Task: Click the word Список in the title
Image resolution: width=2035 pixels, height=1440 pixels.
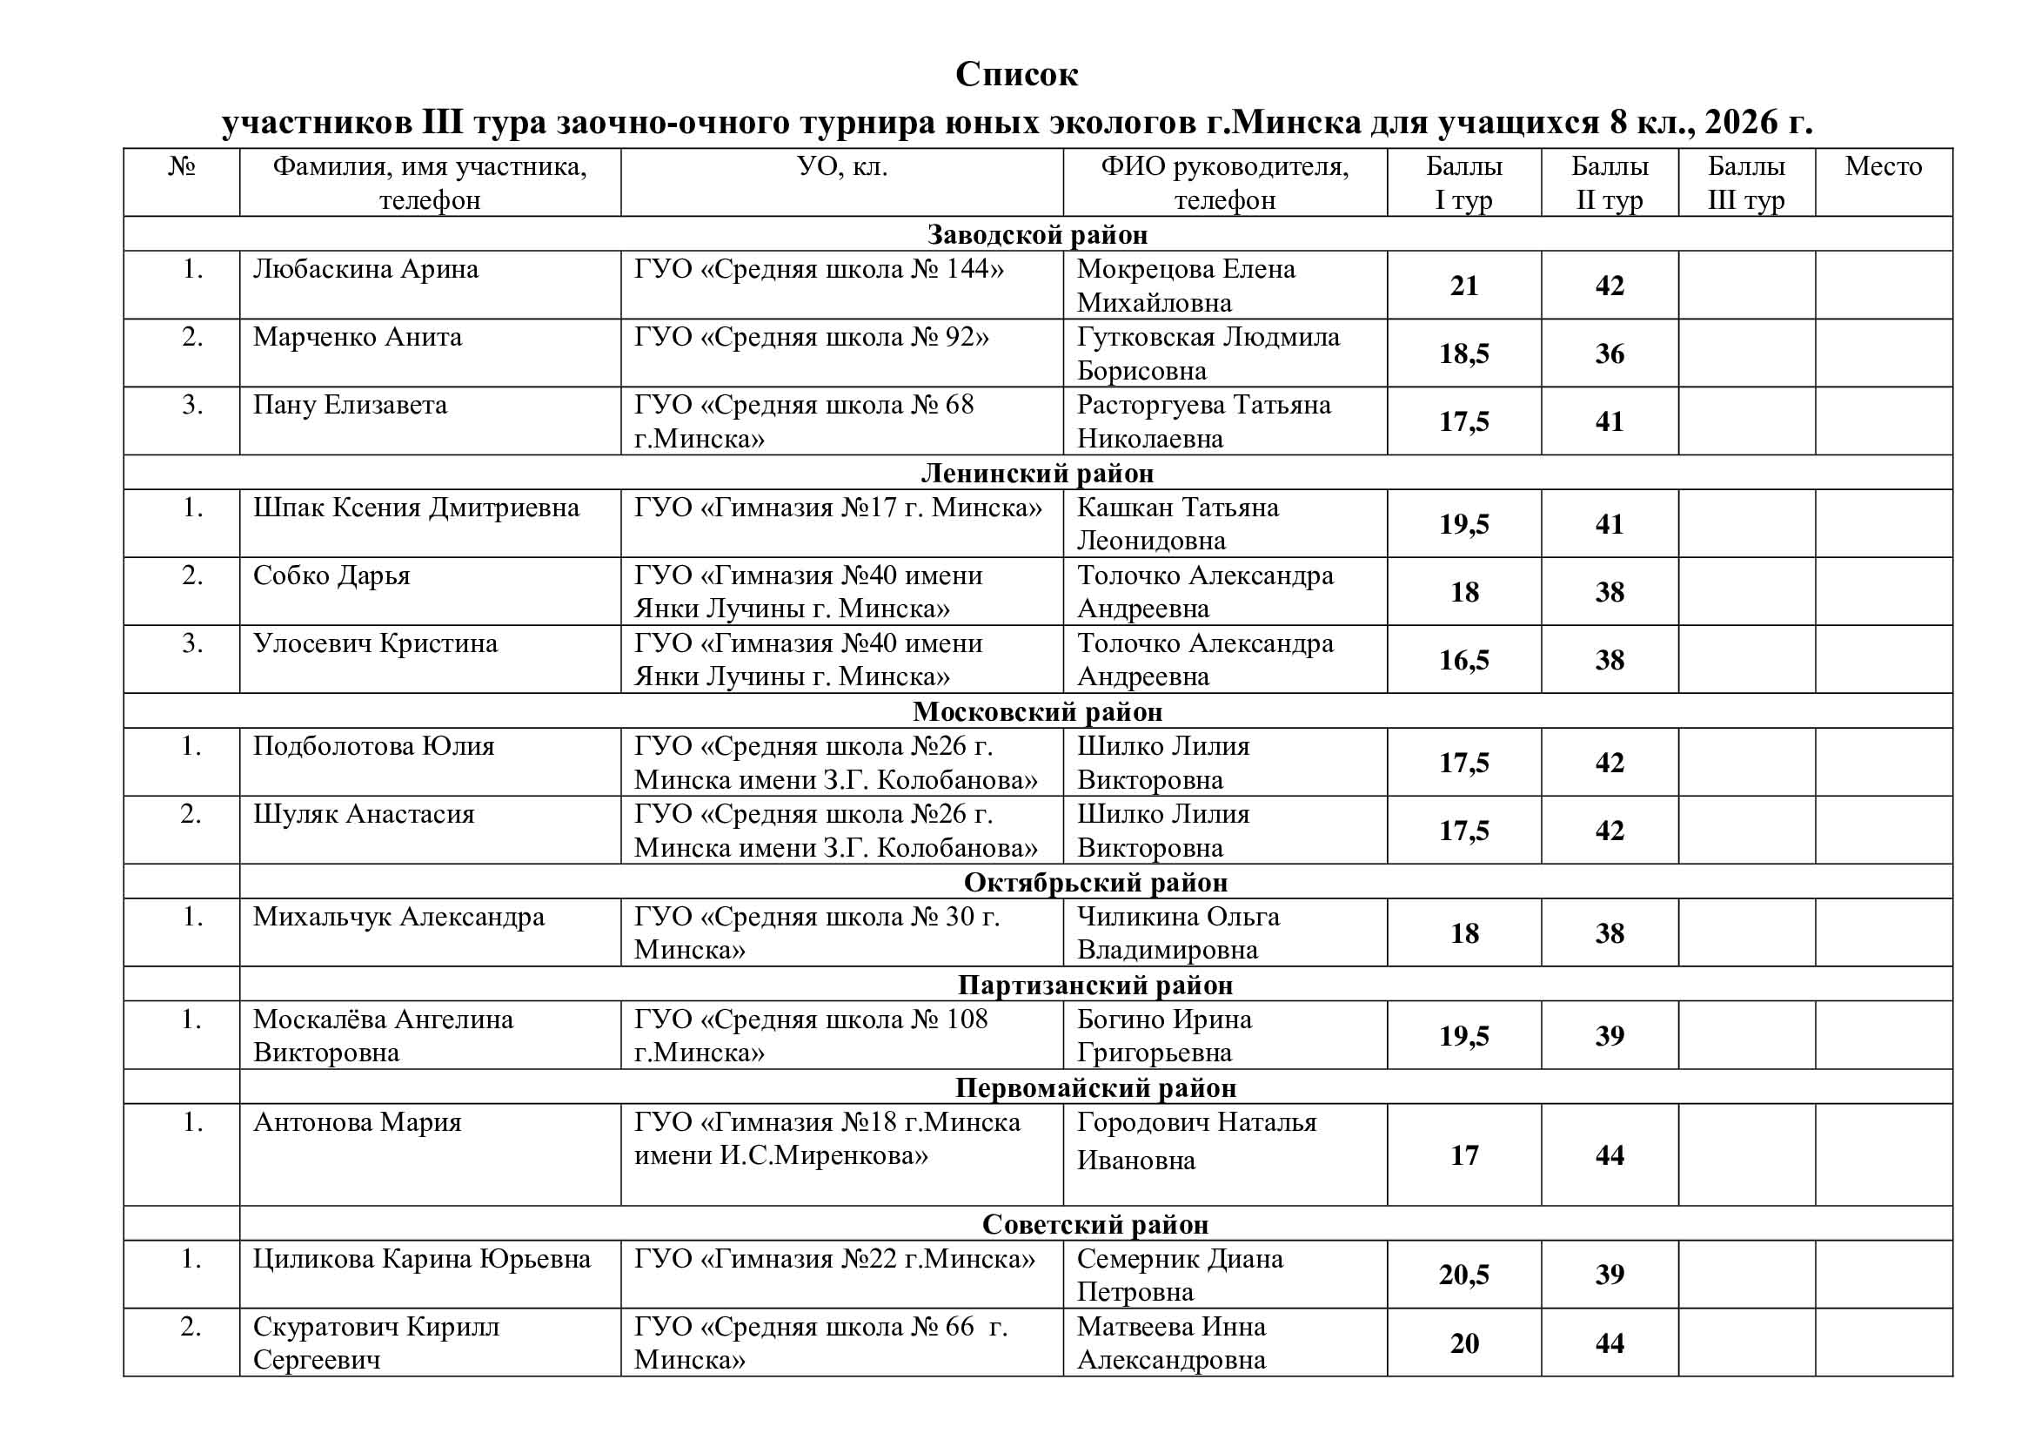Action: (1016, 75)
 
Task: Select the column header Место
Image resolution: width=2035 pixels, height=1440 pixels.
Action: (1883, 166)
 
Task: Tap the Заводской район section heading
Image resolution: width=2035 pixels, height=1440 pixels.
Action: (1037, 234)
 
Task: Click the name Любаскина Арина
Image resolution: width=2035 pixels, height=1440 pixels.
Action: (365, 269)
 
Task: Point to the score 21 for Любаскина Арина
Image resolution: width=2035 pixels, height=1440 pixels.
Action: (1463, 286)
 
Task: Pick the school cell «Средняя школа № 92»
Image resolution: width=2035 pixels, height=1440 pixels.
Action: (811, 337)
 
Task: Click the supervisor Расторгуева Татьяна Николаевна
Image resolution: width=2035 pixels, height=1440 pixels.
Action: (1202, 421)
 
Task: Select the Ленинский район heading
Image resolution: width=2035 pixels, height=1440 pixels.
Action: (1037, 473)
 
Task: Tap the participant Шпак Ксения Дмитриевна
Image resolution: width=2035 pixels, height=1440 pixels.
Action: (416, 508)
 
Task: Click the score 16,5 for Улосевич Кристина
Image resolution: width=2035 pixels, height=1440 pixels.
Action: (1463, 660)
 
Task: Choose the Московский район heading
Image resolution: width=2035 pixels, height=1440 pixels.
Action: (1037, 711)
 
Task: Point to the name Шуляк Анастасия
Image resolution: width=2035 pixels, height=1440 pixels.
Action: (364, 814)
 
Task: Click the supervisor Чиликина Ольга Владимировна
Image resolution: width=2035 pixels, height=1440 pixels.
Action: (1178, 932)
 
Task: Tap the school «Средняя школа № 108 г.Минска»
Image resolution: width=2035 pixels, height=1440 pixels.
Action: (810, 1036)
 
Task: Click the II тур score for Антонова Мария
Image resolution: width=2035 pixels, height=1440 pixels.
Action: (1609, 1155)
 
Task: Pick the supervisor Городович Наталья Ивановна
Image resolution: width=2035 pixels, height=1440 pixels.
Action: (1195, 1141)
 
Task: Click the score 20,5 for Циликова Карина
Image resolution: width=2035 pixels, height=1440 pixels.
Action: (1463, 1275)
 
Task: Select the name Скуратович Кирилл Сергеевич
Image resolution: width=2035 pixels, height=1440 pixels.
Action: (376, 1342)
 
